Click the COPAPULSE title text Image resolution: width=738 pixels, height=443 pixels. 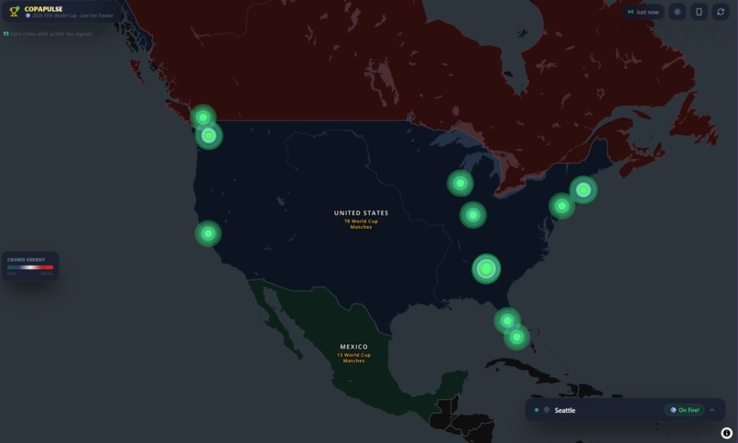pyautogui.click(x=43, y=9)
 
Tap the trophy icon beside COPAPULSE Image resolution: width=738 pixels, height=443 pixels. pyautogui.click(x=14, y=12)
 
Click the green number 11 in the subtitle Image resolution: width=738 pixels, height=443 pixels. pyautogui.click(x=5, y=34)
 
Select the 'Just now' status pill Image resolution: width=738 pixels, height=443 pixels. pyautogui.click(x=643, y=12)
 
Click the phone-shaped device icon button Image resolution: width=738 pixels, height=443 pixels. pyautogui.click(x=699, y=12)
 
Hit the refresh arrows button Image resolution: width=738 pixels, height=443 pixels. pyautogui.click(x=721, y=12)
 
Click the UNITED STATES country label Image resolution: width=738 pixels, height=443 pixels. pyautogui.click(x=361, y=213)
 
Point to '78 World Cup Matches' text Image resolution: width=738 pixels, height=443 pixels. pyautogui.click(x=361, y=223)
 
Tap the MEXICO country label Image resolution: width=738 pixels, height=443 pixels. pyautogui.click(x=353, y=347)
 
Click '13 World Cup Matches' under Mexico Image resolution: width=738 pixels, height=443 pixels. pyautogui.click(x=353, y=357)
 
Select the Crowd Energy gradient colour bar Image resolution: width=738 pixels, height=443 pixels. pyautogui.click(x=30, y=267)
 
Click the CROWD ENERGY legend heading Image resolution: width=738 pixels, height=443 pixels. pyautogui.click(x=26, y=259)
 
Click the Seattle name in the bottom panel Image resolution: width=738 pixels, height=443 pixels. pyautogui.click(x=565, y=410)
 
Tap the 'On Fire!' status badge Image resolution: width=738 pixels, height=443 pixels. pyautogui.click(x=685, y=410)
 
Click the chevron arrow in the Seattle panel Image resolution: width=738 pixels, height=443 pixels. pyautogui.click(x=712, y=410)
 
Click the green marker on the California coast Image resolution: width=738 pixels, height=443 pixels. pyautogui.click(x=208, y=233)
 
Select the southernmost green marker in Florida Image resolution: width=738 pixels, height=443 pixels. pyautogui.click(x=516, y=337)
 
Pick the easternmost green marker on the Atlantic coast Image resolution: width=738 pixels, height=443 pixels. pyautogui.click(x=583, y=189)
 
